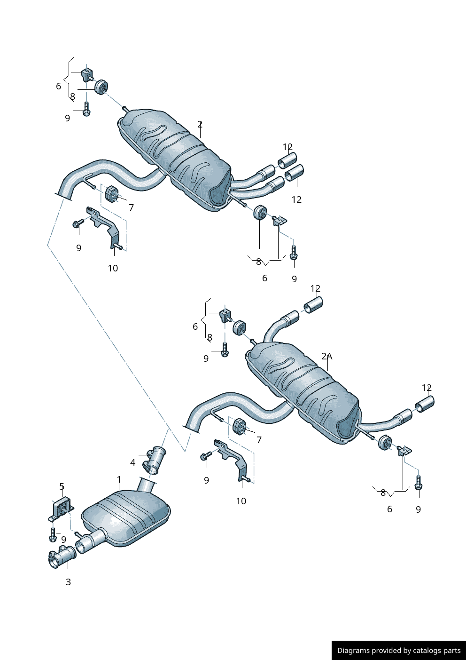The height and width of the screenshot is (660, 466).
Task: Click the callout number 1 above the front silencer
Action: click(119, 479)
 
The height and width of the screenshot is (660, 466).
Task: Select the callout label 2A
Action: click(326, 356)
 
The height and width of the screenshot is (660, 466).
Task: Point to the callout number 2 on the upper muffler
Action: click(200, 124)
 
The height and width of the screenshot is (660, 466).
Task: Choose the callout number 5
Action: click(62, 486)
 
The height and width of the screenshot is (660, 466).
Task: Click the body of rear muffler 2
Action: click(179, 155)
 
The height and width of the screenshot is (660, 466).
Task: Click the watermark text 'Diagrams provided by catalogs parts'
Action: click(398, 650)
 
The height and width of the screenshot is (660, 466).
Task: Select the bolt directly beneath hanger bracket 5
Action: click(53, 534)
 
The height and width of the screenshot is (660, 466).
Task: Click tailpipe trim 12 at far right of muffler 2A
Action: click(425, 404)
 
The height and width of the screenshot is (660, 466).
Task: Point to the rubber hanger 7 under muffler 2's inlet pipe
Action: click(111, 194)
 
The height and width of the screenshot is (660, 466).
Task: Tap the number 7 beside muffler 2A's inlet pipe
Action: click(259, 440)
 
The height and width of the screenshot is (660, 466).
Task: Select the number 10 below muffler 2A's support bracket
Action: click(241, 501)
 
